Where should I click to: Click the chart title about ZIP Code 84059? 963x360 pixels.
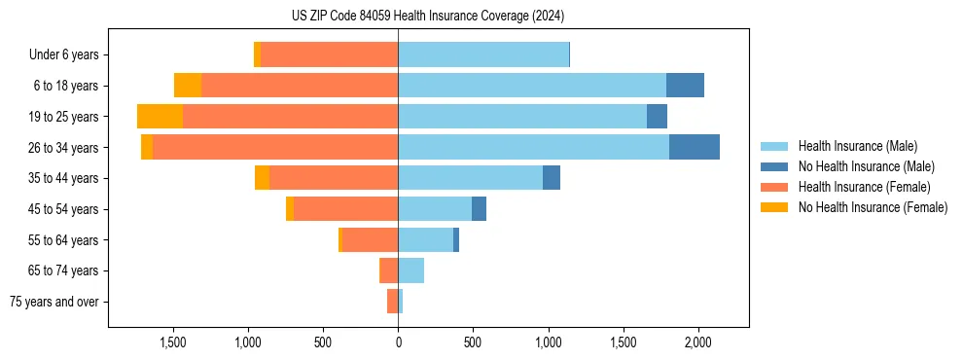click(428, 16)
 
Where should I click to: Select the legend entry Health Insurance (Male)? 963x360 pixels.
click(857, 146)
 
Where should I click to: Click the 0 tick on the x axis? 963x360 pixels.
click(398, 343)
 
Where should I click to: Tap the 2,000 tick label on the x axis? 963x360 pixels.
click(698, 343)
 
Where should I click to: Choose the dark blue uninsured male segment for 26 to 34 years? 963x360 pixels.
click(695, 147)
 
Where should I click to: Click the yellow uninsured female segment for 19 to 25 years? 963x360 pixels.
click(160, 117)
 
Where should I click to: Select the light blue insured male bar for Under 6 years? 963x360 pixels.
click(483, 55)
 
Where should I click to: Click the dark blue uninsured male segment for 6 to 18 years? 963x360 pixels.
click(685, 86)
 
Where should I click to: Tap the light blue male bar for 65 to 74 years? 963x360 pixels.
click(410, 270)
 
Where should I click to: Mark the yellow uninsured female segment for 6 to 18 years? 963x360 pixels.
click(188, 86)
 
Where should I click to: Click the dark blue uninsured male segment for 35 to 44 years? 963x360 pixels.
click(552, 178)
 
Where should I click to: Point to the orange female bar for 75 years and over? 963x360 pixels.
click(392, 302)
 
